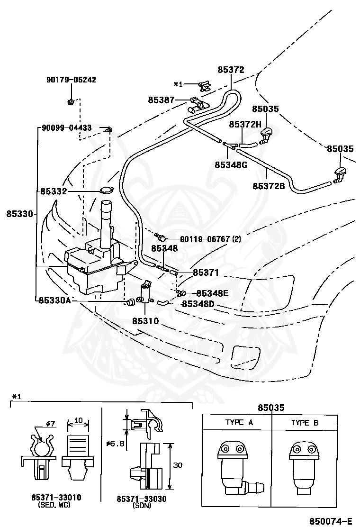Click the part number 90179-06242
pyautogui.click(x=71, y=80)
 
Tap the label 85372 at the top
pyautogui.click(x=231, y=70)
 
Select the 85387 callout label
pyautogui.click(x=161, y=100)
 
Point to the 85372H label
pyautogui.click(x=245, y=124)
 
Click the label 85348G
pyautogui.click(x=231, y=165)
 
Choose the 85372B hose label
pyautogui.click(x=269, y=185)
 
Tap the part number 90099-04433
pyautogui.click(x=66, y=128)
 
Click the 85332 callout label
pyautogui.click(x=54, y=191)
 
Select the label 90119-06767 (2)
pyautogui.click(x=211, y=239)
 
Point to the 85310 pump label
pyautogui.click(x=145, y=321)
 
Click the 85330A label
pyautogui.click(x=55, y=300)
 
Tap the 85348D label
pyautogui.click(x=198, y=304)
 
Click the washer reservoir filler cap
pyautogui.click(x=107, y=190)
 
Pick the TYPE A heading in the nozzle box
pyautogui.click(x=239, y=422)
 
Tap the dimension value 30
pyautogui.click(x=178, y=465)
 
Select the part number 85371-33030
pyautogui.click(x=141, y=499)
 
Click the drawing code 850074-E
pyautogui.click(x=331, y=521)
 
